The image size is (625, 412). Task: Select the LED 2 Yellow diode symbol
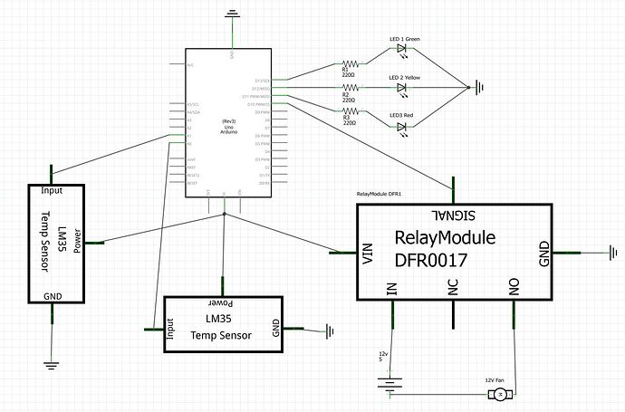[x=402, y=88]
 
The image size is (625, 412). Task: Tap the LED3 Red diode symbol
[x=402, y=127]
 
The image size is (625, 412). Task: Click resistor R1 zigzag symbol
[x=350, y=63]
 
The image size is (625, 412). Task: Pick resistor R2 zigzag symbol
[x=350, y=88]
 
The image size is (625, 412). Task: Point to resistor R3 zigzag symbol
[x=350, y=111]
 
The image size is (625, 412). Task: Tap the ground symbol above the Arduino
[x=234, y=14]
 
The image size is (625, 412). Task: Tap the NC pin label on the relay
[x=453, y=287]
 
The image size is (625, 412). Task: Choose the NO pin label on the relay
[x=514, y=287]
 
